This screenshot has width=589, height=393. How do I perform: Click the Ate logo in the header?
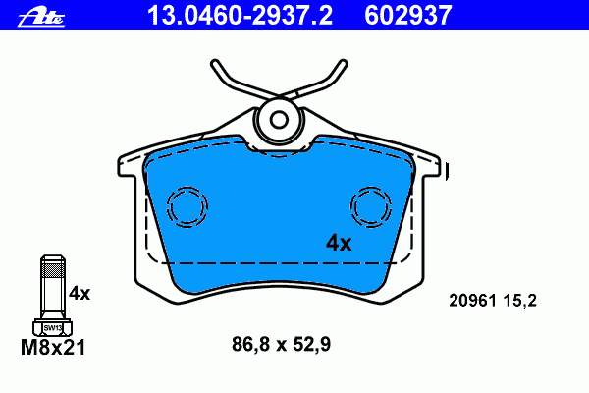click(41, 18)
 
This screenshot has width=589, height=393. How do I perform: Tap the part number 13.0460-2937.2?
click(240, 15)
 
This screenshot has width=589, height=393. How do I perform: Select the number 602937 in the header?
click(408, 15)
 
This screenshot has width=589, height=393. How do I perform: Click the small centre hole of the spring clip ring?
click(279, 120)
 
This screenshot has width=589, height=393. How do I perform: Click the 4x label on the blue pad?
click(339, 243)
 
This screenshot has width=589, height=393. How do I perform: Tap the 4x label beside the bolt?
click(80, 294)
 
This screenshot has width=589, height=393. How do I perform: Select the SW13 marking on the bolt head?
click(52, 328)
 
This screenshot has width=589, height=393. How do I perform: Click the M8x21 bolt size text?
click(53, 348)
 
